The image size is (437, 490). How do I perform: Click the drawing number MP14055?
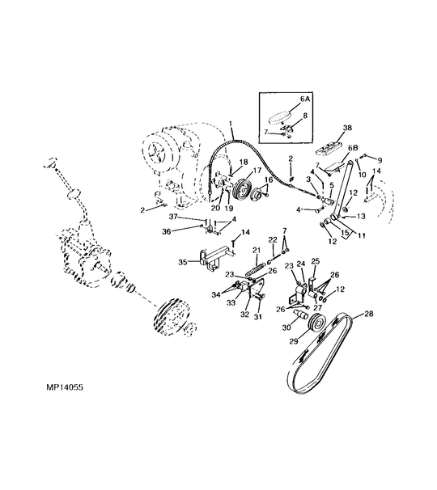[x=65, y=387]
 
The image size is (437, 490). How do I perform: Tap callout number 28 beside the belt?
[x=369, y=314]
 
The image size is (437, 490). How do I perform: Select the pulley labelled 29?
[x=317, y=324]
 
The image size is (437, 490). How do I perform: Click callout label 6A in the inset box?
[x=305, y=99]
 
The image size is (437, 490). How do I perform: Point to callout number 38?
[x=347, y=128]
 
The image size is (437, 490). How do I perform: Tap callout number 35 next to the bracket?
[x=183, y=262]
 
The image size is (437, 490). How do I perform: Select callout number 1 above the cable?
[x=231, y=125]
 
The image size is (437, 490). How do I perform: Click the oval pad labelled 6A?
[x=282, y=117]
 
